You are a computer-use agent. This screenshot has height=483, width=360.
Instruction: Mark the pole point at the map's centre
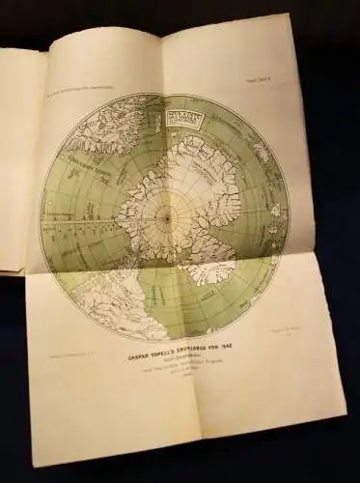tap(165, 218)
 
